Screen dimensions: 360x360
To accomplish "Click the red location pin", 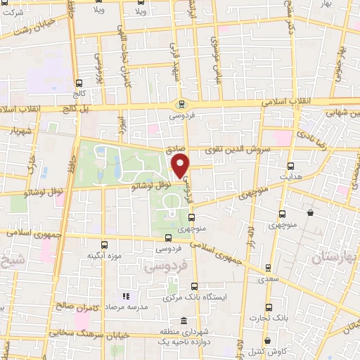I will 181,166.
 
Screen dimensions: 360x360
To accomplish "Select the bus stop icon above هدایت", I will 291,167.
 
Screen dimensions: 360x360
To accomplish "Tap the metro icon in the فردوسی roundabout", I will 181,105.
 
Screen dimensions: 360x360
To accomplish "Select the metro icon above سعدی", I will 269,267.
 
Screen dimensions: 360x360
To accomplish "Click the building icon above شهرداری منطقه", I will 184,320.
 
